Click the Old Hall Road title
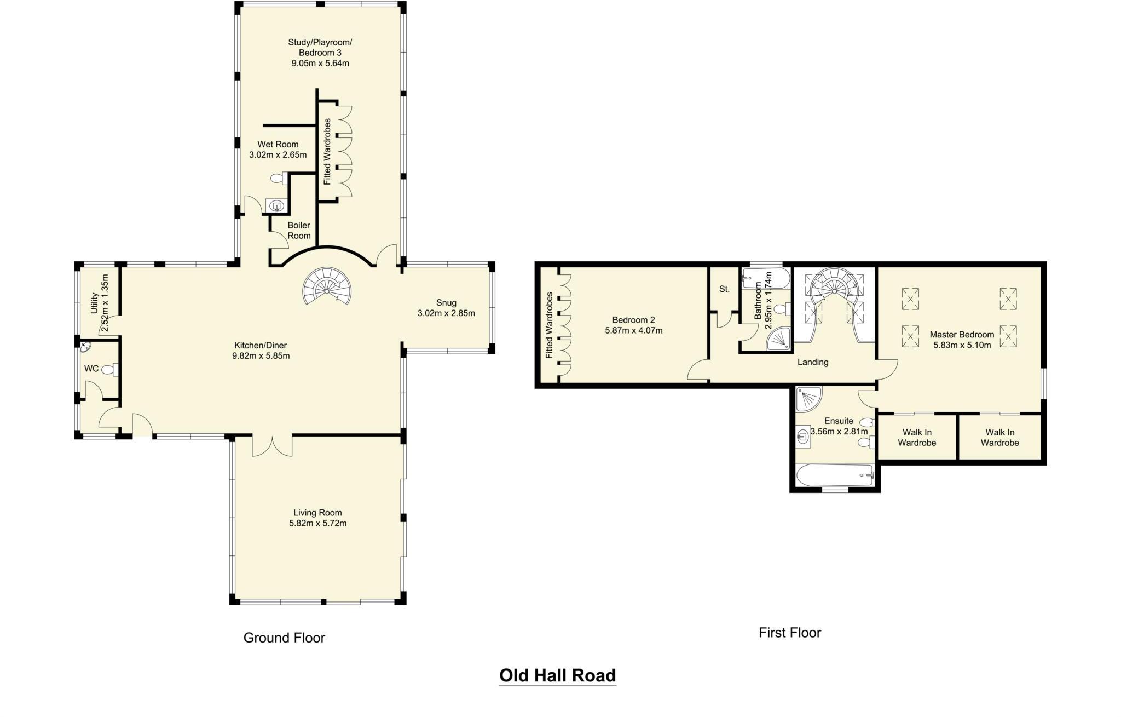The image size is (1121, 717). click(557, 675)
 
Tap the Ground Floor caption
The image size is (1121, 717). click(284, 638)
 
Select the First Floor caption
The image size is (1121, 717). click(789, 633)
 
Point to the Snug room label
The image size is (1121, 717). click(446, 302)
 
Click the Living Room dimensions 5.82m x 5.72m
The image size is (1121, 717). click(317, 523)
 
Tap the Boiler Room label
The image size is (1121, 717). click(299, 230)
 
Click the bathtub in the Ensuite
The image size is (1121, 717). click(835, 475)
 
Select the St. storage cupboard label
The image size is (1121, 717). click(724, 289)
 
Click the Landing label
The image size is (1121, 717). click(812, 362)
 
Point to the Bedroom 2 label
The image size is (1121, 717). click(633, 320)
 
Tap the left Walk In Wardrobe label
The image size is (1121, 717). click(916, 437)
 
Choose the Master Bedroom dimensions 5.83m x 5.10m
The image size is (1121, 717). click(962, 345)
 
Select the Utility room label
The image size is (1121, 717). click(94, 303)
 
